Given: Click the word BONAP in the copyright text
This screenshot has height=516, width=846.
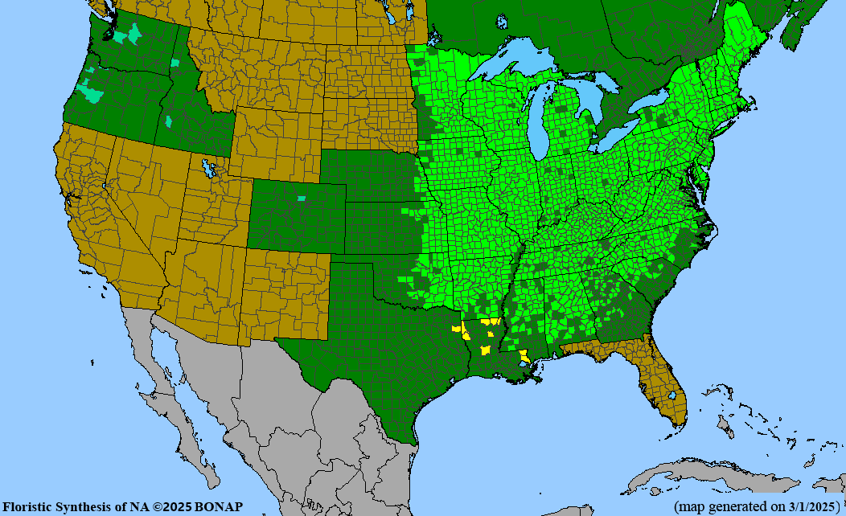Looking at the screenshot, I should [x=219, y=506].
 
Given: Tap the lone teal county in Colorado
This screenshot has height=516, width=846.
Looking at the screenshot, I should [x=302, y=198].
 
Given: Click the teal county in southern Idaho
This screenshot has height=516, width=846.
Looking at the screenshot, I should [x=169, y=122].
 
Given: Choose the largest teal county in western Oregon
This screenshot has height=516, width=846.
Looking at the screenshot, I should [x=94, y=95].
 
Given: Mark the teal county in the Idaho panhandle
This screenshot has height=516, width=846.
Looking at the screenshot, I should [x=175, y=62].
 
